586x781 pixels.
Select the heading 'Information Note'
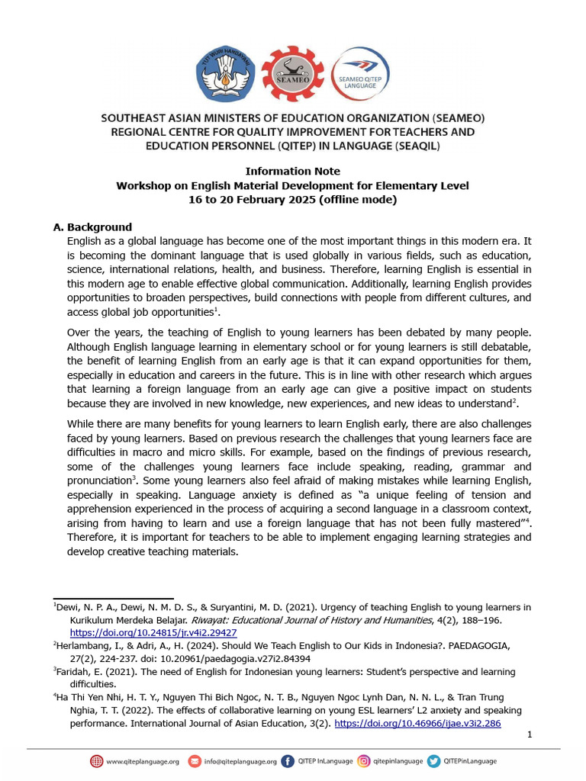pyautogui.click(x=292, y=171)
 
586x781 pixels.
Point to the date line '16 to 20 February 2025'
pyautogui.click(x=292, y=200)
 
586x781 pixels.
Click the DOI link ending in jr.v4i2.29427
pyautogui.click(x=153, y=632)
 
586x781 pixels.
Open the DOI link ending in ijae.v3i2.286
pyautogui.click(x=417, y=723)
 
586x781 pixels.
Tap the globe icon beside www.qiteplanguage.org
pyautogui.click(x=96, y=760)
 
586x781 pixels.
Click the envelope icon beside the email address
pyautogui.click(x=194, y=760)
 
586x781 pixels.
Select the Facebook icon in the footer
pyautogui.click(x=287, y=760)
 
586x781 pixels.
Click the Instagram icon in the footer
pyautogui.click(x=365, y=760)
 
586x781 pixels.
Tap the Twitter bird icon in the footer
pyautogui.click(x=433, y=760)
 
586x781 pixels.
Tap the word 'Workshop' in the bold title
pyautogui.click(x=143, y=185)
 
